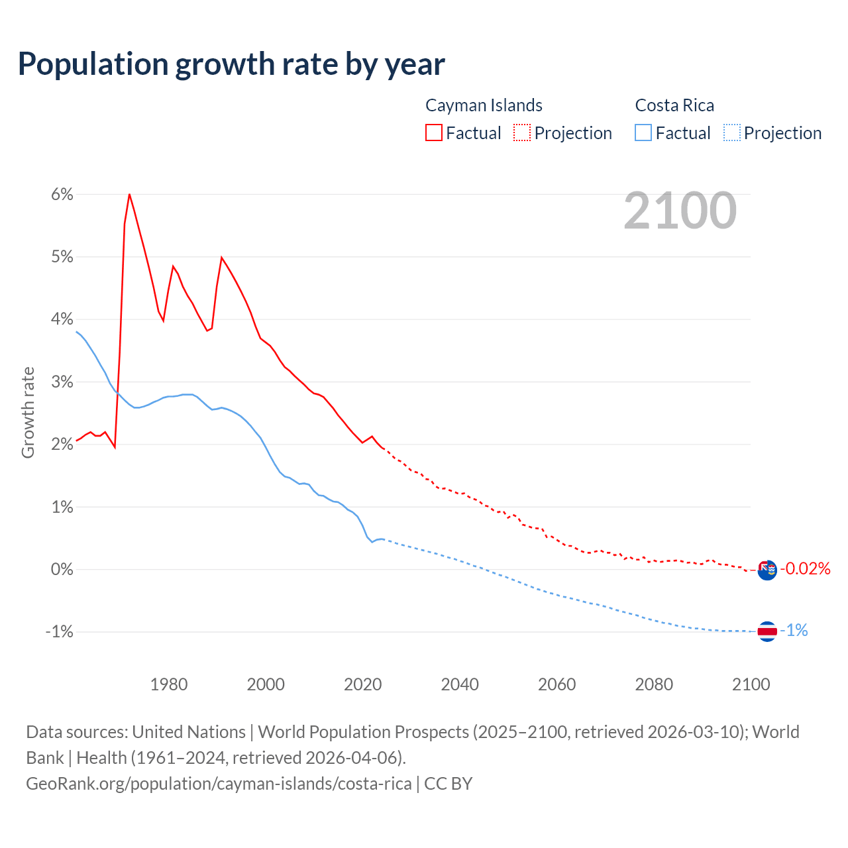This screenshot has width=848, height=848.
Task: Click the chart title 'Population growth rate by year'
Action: click(231, 64)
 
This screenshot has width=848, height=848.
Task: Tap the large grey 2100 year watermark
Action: click(680, 211)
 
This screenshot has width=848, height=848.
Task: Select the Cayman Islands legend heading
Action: click(484, 105)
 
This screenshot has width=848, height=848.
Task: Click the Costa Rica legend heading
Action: click(674, 105)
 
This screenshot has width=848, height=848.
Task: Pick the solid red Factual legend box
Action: click(434, 133)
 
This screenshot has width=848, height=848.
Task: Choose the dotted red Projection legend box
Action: click(522, 133)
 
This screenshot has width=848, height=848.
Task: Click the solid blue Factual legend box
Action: click(643, 133)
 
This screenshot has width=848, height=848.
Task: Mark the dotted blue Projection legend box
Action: click(731, 133)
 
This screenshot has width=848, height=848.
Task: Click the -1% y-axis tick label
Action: click(59, 631)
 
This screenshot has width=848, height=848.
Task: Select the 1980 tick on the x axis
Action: click(169, 684)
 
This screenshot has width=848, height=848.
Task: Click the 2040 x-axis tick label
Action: click(460, 684)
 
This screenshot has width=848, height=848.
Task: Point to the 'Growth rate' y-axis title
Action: click(28, 412)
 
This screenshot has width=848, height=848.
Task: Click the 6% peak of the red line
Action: click(129, 194)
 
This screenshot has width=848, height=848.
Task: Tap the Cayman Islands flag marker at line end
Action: click(767, 570)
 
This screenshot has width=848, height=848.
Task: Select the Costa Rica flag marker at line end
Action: click(767, 631)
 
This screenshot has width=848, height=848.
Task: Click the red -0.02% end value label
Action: click(805, 568)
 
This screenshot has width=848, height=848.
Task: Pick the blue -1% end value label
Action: click(794, 631)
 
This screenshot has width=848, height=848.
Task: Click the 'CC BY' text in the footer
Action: click(449, 784)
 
